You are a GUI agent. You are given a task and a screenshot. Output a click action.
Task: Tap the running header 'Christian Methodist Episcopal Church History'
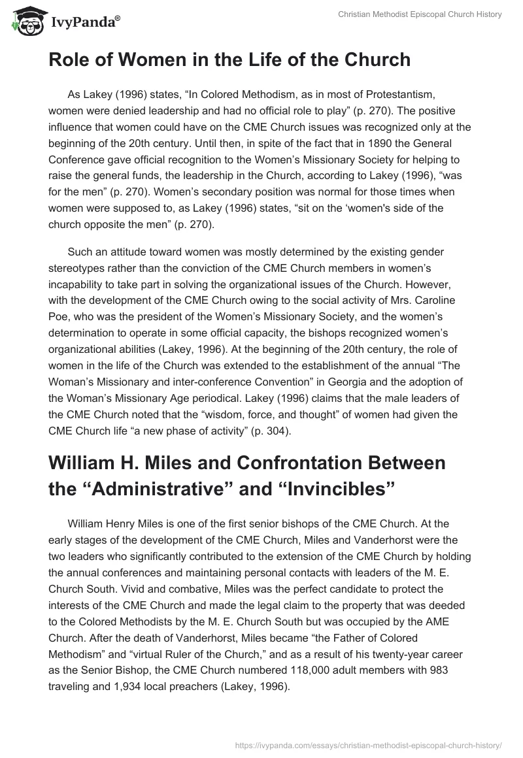pos(419,14)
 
